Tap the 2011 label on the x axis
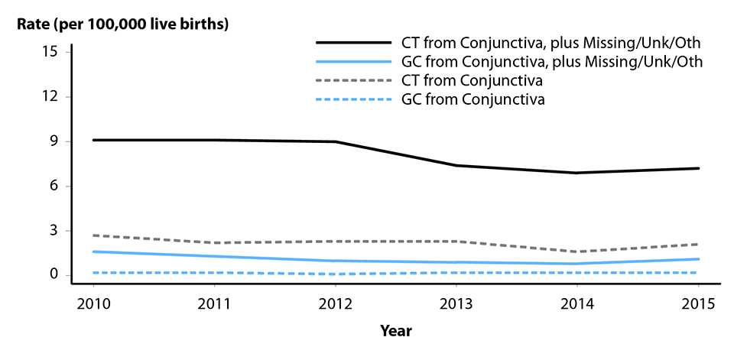tap(215, 303)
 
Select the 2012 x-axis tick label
tap(336, 303)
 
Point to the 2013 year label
tap(456, 303)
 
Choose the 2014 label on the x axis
tap(577, 303)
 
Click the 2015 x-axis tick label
tap(698, 303)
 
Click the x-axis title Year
tap(397, 332)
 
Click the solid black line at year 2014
tap(577, 173)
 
